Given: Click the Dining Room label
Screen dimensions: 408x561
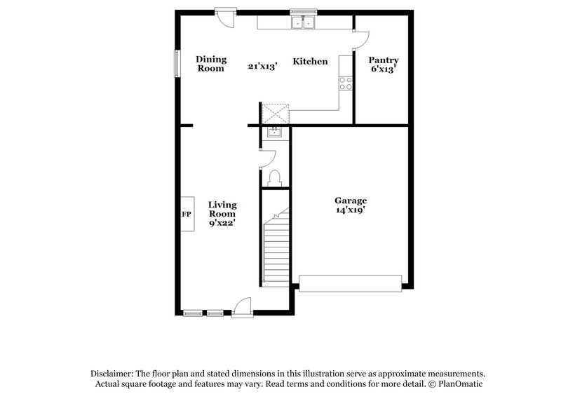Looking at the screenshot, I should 210,64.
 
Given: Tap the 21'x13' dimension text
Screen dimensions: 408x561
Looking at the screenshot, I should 263,67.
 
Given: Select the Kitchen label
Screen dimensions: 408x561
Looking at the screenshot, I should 310,62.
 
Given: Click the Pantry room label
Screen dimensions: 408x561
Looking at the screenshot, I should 384,60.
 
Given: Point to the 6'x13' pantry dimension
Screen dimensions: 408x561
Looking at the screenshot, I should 384,70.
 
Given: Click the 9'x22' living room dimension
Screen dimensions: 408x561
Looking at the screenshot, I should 222,223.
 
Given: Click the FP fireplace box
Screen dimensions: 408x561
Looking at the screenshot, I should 187,214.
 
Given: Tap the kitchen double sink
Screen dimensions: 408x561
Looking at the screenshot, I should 305,22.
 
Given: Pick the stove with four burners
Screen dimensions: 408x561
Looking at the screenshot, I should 346,84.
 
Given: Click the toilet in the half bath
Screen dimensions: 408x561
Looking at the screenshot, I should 275,177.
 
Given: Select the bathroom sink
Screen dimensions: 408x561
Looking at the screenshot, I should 274,132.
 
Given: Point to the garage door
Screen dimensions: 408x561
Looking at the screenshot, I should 350,283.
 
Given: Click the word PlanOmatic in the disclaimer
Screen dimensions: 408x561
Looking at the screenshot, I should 460,384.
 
